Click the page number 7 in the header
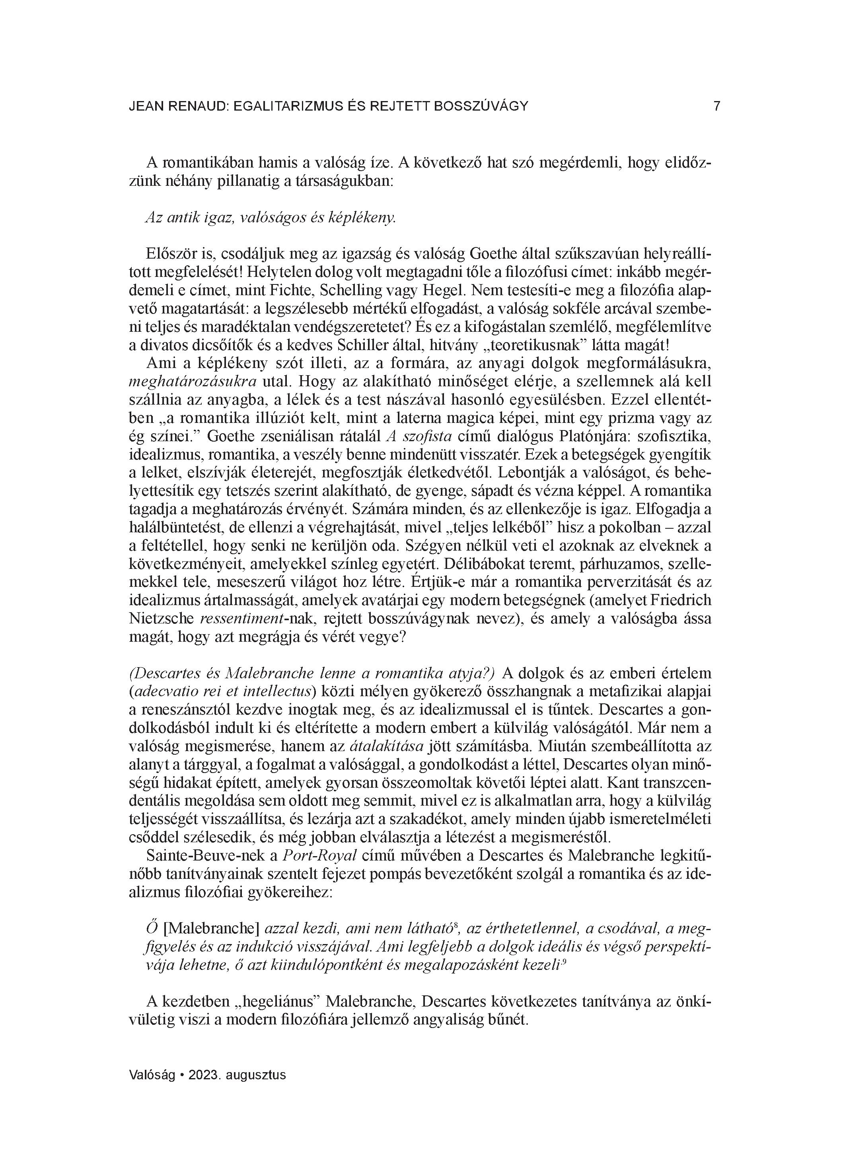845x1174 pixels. (x=716, y=107)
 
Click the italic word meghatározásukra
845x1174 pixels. (x=193, y=382)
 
